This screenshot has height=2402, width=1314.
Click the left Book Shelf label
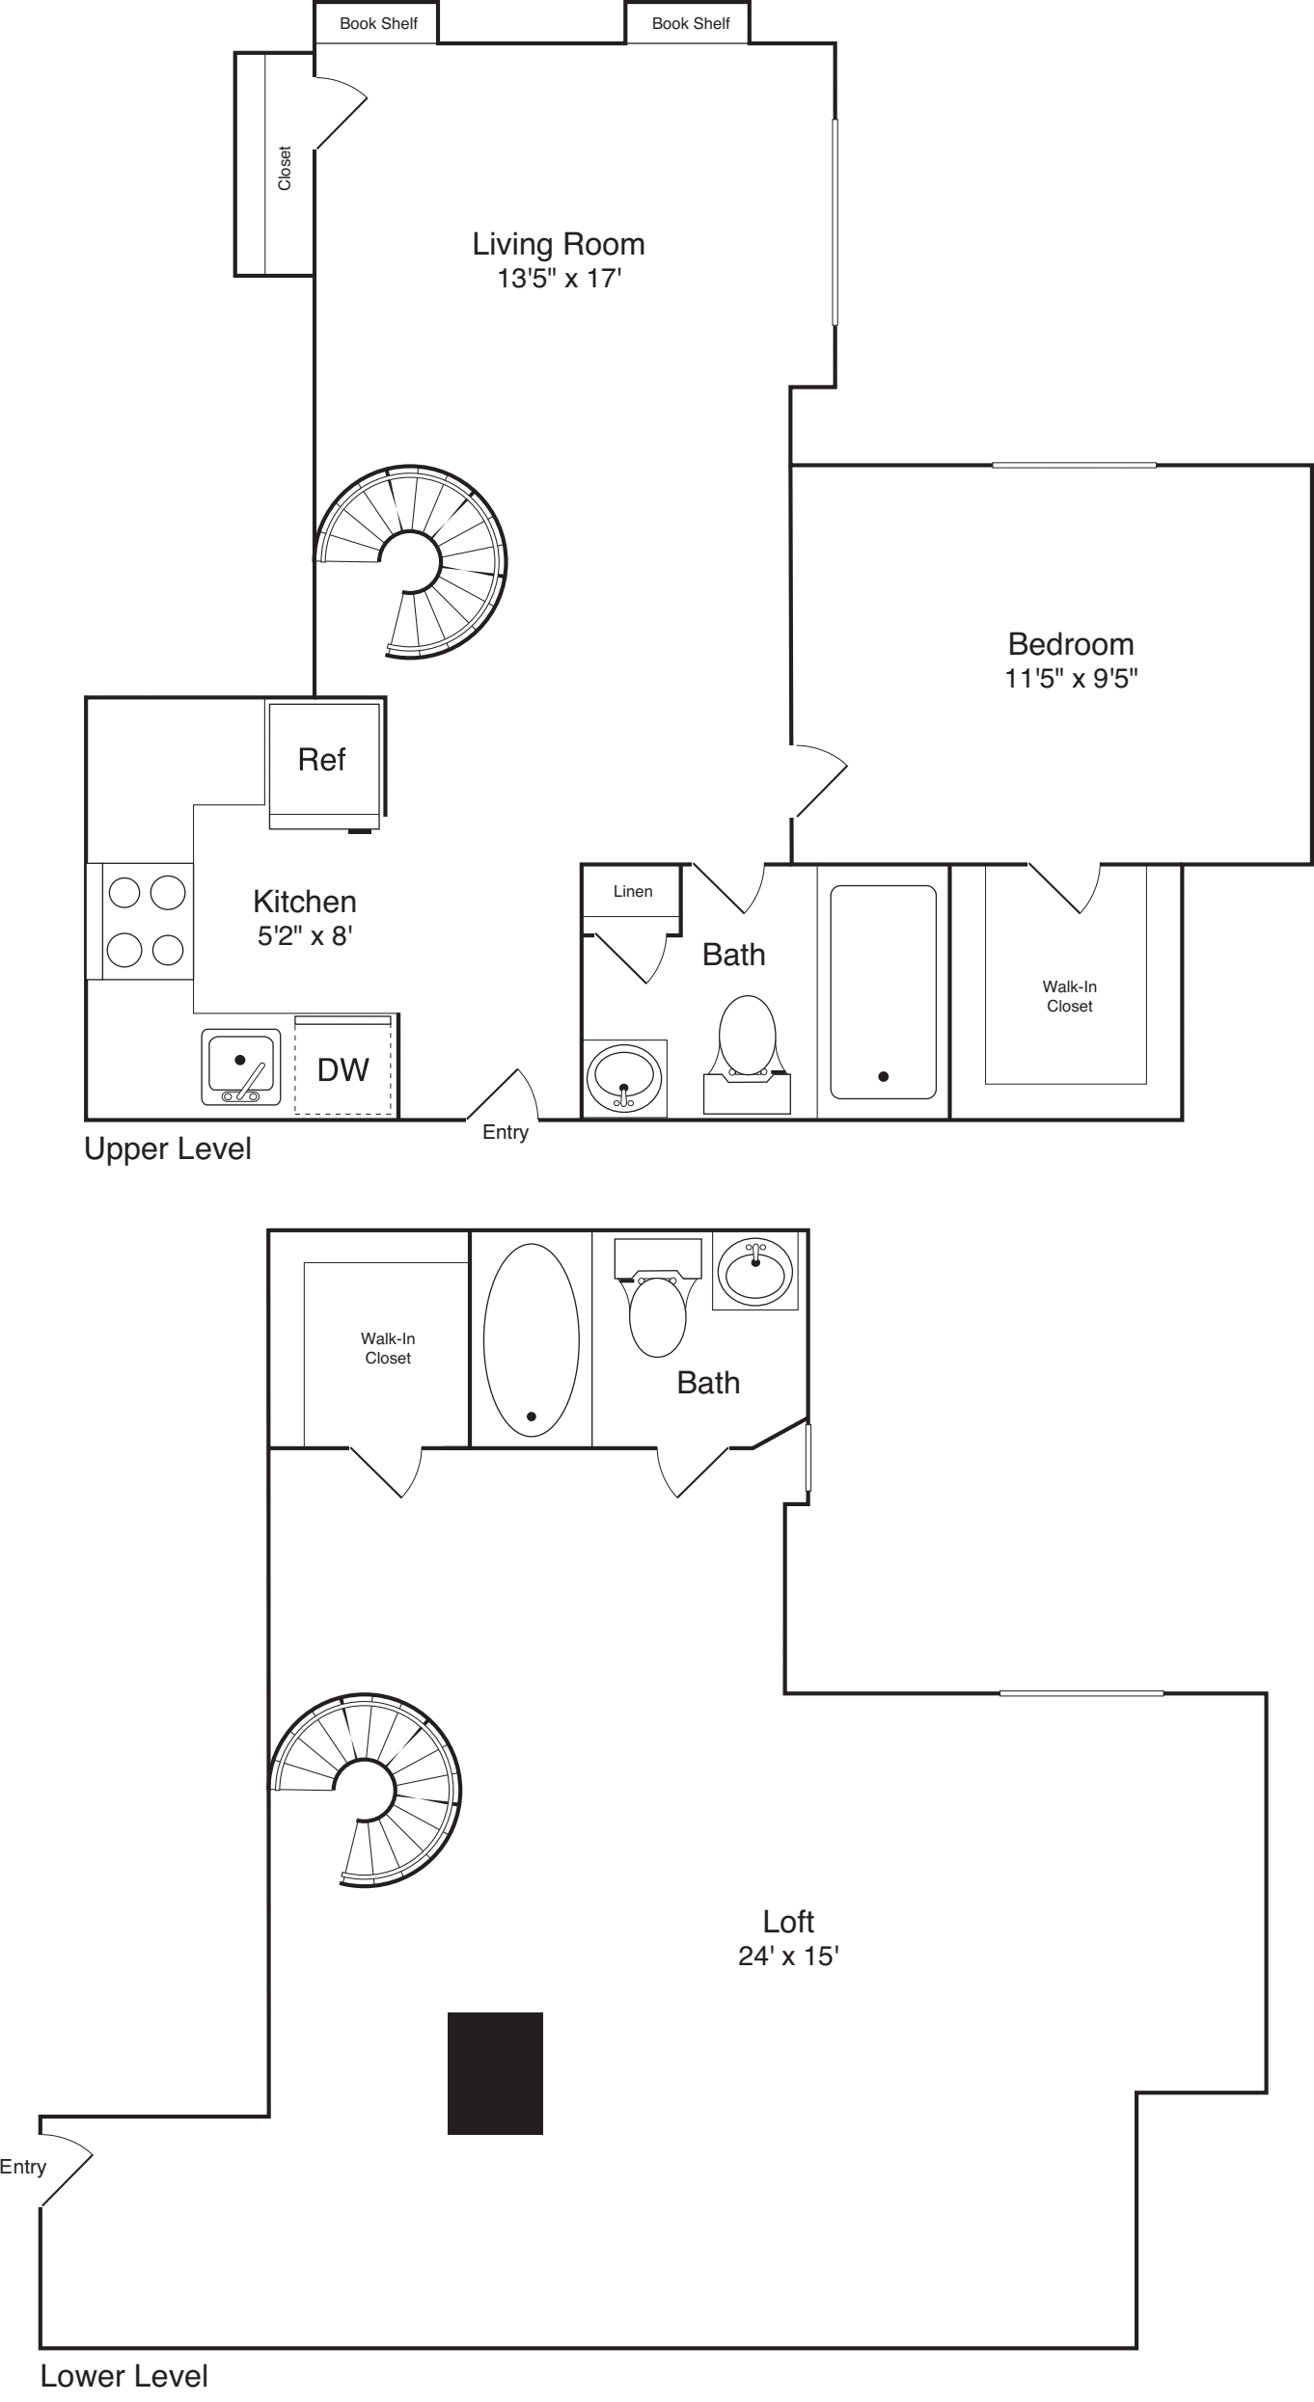[378, 23]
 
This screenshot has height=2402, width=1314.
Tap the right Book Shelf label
[691, 23]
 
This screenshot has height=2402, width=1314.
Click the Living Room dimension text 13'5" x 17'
[559, 279]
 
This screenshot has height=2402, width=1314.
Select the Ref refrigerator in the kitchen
[322, 761]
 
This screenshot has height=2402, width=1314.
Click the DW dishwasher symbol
[343, 1069]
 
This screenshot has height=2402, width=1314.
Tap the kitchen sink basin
[241, 1065]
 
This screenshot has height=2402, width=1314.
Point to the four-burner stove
[146, 921]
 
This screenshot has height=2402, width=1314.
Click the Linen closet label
[633, 891]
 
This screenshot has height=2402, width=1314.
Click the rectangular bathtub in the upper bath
[883, 991]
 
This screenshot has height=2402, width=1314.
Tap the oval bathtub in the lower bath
[532, 1339]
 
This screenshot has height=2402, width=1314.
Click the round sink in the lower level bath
[755, 1270]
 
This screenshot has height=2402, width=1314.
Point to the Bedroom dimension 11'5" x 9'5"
[1071, 678]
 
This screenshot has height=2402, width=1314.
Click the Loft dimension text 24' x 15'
[788, 1957]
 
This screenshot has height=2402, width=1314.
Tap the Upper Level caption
[168, 1148]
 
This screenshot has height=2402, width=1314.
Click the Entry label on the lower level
[22, 2167]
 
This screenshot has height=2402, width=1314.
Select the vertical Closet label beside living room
[285, 168]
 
